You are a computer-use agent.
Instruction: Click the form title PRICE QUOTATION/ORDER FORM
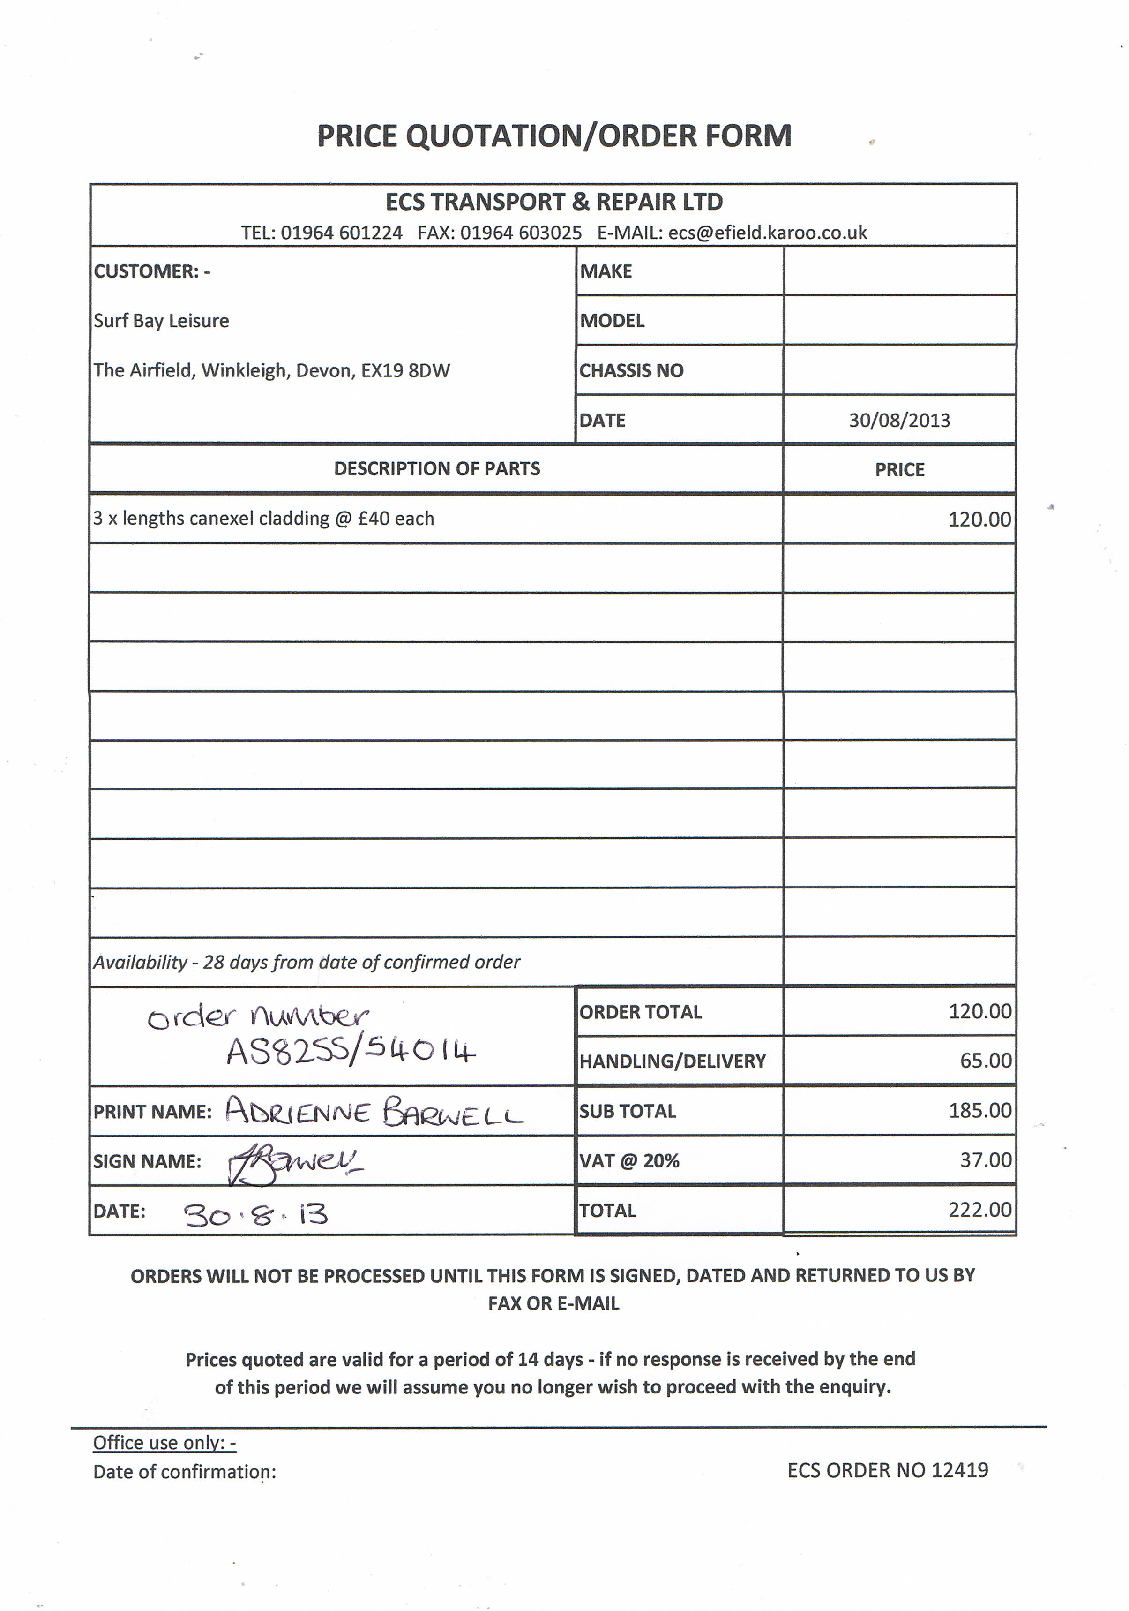pos(554,136)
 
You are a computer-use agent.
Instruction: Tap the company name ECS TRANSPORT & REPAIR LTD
pos(554,202)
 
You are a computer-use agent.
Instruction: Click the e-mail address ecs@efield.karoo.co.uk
pos(767,233)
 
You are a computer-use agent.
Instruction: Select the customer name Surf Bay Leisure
pos(161,321)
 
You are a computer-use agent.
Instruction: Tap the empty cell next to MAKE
pos(900,271)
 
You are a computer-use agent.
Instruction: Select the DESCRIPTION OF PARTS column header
pos(437,469)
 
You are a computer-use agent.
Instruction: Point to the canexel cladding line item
pos(264,519)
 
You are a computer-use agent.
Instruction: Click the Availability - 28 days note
pos(307,962)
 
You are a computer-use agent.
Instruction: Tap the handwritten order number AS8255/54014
pos(351,1052)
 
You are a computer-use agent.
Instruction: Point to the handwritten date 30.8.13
pos(256,1214)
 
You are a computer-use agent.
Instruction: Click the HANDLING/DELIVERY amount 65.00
pos(985,1061)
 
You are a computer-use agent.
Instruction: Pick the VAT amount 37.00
pos(985,1160)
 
